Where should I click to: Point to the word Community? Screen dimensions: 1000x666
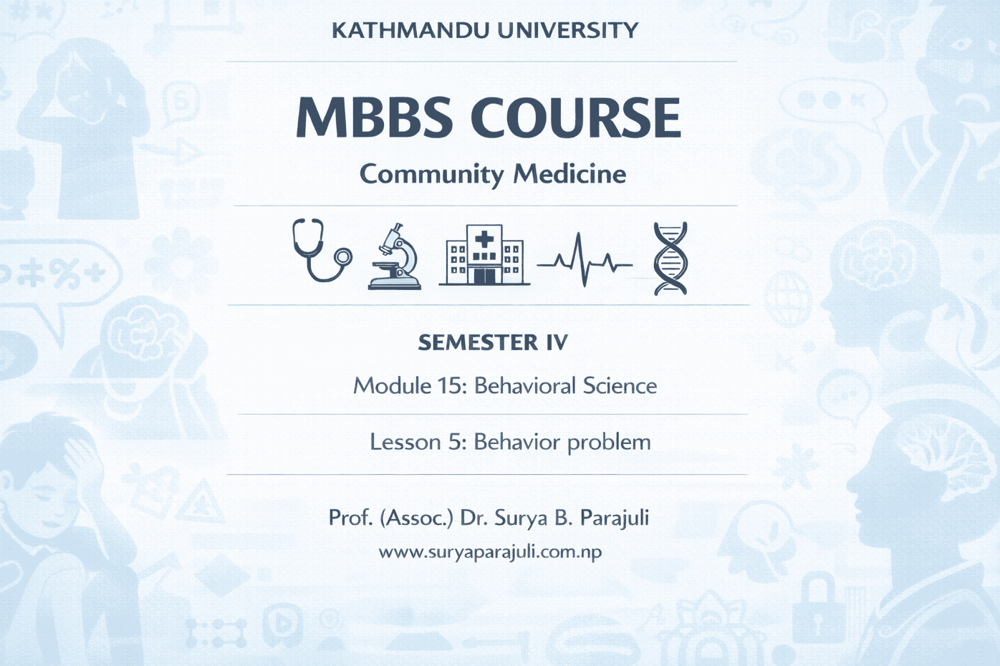point(432,175)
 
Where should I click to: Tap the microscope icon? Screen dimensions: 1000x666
point(395,256)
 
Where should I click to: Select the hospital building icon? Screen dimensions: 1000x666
point(484,255)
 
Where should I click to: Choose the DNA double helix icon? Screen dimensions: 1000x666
point(670,259)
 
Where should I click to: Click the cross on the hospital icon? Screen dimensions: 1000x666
point(484,241)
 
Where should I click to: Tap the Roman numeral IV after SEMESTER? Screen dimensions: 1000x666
point(557,343)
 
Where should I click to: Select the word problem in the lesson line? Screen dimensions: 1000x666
point(607,443)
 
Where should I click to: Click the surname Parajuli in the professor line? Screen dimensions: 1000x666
point(615,518)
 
